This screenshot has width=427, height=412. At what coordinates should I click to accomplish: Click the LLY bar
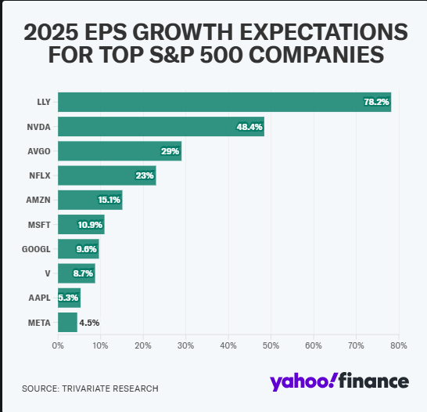(x=224, y=102)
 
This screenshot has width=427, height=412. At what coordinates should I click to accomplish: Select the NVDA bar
(x=161, y=127)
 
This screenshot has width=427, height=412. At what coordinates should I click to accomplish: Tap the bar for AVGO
(x=120, y=151)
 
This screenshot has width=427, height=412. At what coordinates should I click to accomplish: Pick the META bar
(x=67, y=322)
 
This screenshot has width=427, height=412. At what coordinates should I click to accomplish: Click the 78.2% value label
(x=376, y=102)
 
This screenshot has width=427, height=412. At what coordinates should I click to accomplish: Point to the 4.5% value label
(x=89, y=323)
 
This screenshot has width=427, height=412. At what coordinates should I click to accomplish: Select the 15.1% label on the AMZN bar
(x=109, y=200)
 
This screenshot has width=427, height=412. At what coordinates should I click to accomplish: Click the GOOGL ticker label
(x=36, y=249)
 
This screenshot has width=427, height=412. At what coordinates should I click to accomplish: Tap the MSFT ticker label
(x=39, y=225)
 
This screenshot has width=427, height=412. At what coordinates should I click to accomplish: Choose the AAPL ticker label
(x=39, y=298)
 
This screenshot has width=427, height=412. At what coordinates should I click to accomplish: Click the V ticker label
(x=48, y=273)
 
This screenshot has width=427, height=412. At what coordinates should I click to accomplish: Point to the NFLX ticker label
(x=40, y=175)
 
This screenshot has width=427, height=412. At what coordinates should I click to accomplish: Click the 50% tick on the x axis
(x=271, y=345)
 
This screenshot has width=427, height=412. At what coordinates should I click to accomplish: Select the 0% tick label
(x=58, y=345)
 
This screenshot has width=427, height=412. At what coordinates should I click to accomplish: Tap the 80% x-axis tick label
(x=399, y=345)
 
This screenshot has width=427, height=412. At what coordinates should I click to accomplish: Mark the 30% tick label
(x=185, y=345)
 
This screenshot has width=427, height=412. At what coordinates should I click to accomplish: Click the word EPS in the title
(x=106, y=32)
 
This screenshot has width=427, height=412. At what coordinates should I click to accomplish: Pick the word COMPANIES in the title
(x=317, y=55)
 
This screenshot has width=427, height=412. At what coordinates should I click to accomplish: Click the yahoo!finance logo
(x=339, y=381)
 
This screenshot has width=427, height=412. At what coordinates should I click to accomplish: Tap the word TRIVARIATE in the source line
(x=85, y=389)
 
